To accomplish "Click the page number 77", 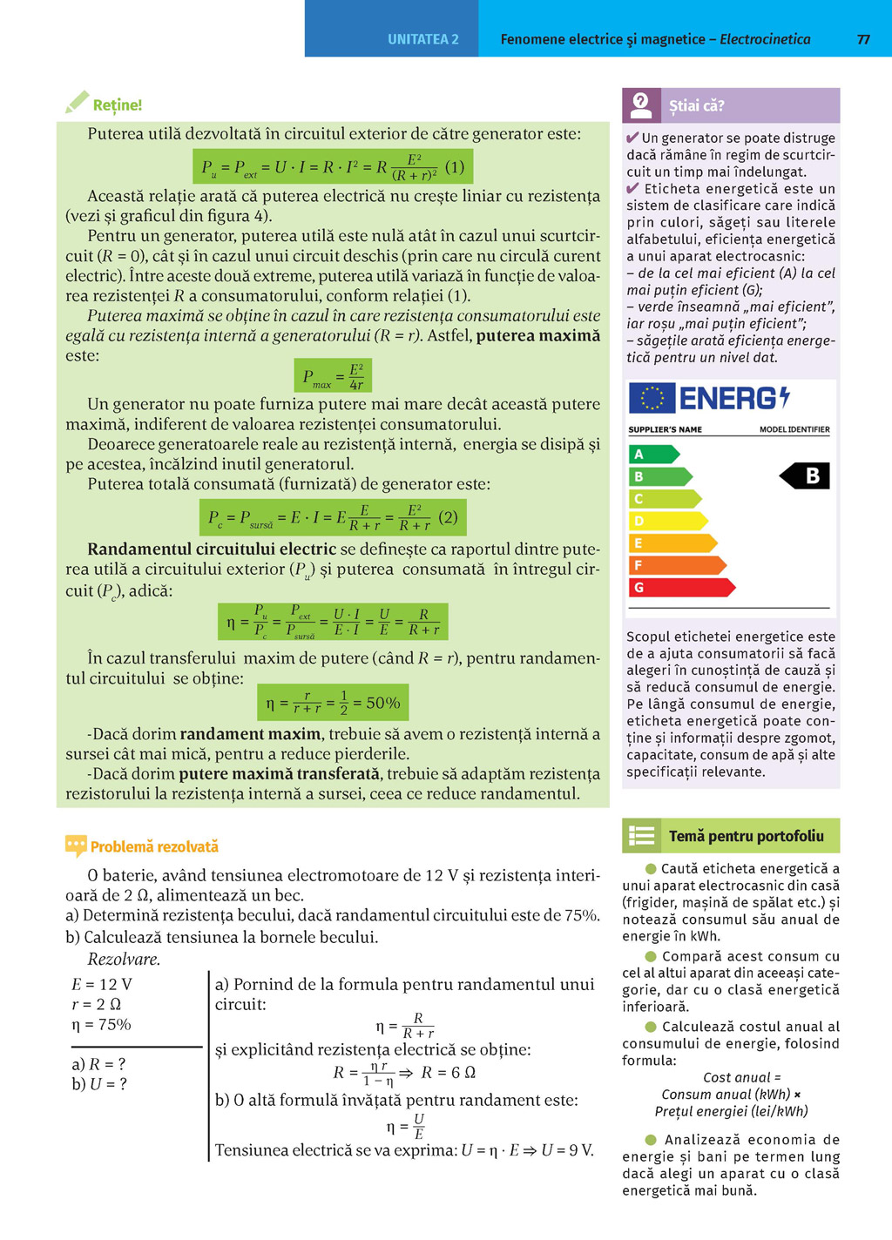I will pos(863,39).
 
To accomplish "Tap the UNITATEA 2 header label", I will pos(423,39).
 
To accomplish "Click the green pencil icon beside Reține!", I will pos(77,103).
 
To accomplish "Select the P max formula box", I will pos(333,376).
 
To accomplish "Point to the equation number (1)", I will pos(455,166).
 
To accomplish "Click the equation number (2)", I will pos(448,517).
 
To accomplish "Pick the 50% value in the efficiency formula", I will pos(382,703).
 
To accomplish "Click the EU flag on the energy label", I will pos(651,398).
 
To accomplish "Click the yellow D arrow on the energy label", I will pos(667,521).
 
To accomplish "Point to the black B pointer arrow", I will pos(805,475).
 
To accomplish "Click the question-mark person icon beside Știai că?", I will pos(641,105).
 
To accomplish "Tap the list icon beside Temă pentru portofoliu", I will pos(642,836).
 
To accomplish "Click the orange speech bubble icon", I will pos(76,846).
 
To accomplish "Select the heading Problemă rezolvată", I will pos(154,846).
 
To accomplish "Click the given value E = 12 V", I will pos(102,984).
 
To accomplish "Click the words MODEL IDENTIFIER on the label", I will pos(794,429).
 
